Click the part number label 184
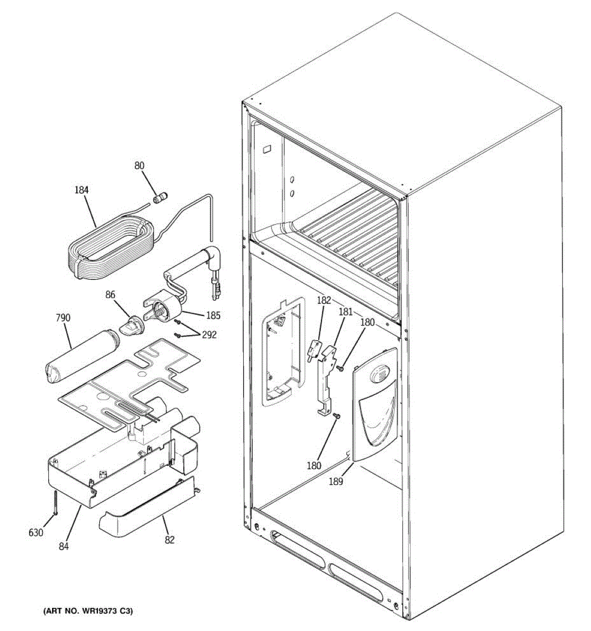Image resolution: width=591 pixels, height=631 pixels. (81, 190)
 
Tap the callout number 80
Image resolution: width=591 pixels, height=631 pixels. (139, 166)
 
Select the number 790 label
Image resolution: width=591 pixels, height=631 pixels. (63, 318)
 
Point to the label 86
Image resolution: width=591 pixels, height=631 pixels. (110, 296)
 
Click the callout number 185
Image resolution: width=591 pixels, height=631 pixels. (213, 316)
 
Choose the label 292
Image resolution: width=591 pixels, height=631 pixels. (209, 335)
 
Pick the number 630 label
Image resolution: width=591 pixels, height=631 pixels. (35, 533)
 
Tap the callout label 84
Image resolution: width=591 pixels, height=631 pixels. (64, 546)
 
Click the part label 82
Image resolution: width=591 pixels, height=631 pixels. (170, 540)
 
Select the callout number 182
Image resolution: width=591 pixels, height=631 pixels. (324, 300)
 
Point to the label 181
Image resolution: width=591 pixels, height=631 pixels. (345, 311)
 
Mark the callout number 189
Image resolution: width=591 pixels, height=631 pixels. (336, 481)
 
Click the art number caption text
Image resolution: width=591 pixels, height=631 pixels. (88, 612)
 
